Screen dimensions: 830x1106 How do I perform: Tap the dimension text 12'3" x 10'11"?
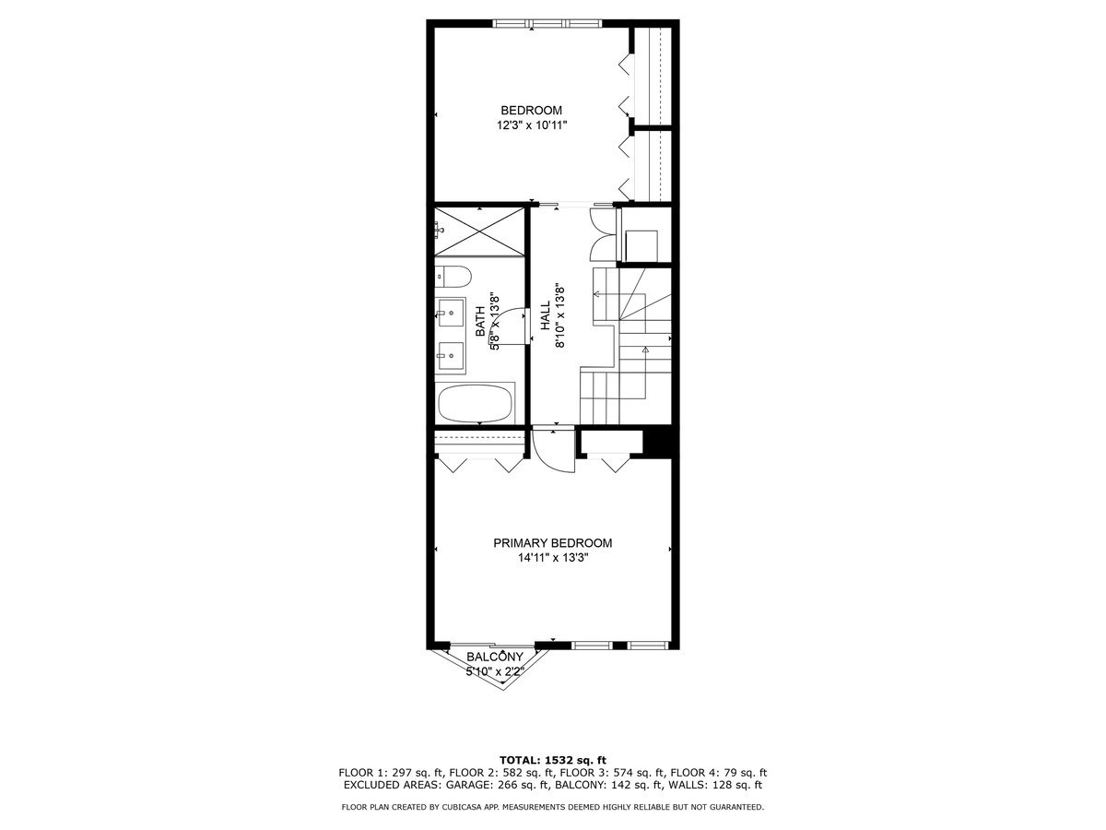click(x=531, y=125)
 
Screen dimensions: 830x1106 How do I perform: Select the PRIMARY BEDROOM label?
click(x=552, y=543)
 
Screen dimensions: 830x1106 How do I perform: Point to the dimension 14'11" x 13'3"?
click(x=552, y=558)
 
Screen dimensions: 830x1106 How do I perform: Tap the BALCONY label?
click(x=496, y=657)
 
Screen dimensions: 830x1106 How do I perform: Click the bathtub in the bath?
click(x=476, y=403)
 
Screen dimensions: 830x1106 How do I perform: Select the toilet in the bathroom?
click(x=453, y=275)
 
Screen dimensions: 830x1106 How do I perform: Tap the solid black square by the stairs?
click(x=659, y=441)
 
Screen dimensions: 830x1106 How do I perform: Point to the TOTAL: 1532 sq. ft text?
click(x=552, y=759)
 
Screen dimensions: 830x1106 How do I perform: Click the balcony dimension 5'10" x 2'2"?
click(x=496, y=671)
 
